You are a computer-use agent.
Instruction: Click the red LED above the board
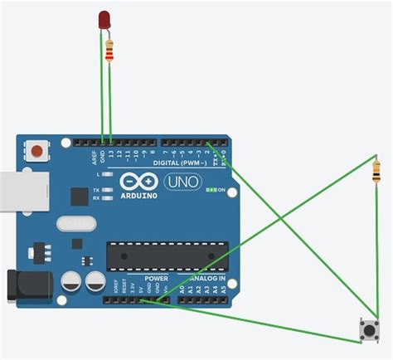pos(104,19)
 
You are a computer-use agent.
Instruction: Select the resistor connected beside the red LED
pos(110,52)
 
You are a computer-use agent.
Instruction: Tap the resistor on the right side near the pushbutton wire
pos(378,175)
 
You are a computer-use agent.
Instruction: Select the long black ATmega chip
pos(167,256)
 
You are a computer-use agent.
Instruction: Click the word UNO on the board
pos(182,182)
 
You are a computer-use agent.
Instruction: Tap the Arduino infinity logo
pos(137,181)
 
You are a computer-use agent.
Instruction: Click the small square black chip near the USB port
pos(79,197)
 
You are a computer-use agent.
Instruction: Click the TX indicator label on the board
pos(96,187)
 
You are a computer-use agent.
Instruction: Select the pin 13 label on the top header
pos(111,155)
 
